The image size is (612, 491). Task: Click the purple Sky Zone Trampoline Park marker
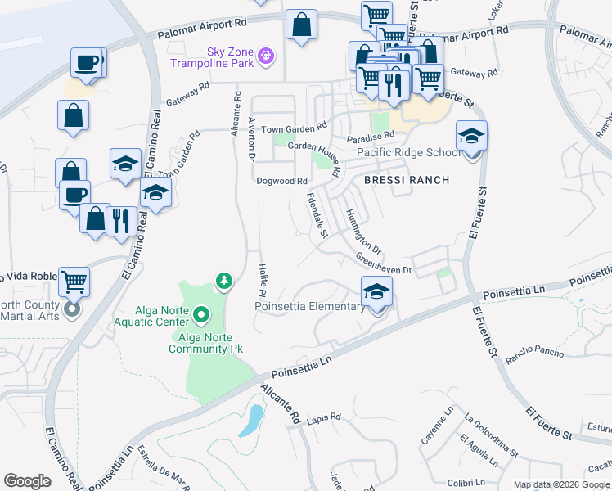pos(264,56)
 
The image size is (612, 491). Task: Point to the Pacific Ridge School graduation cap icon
pos(471,136)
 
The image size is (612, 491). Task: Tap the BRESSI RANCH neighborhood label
pos(407,180)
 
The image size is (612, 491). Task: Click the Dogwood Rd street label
pos(281,181)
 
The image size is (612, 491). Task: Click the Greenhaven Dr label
pos(383,264)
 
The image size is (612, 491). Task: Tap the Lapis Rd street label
pos(325,418)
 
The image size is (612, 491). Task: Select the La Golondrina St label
pos(491,437)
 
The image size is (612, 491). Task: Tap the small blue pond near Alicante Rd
pos(254,419)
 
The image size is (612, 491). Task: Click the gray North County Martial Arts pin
pos(72,309)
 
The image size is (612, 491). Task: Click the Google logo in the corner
pos(27,481)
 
